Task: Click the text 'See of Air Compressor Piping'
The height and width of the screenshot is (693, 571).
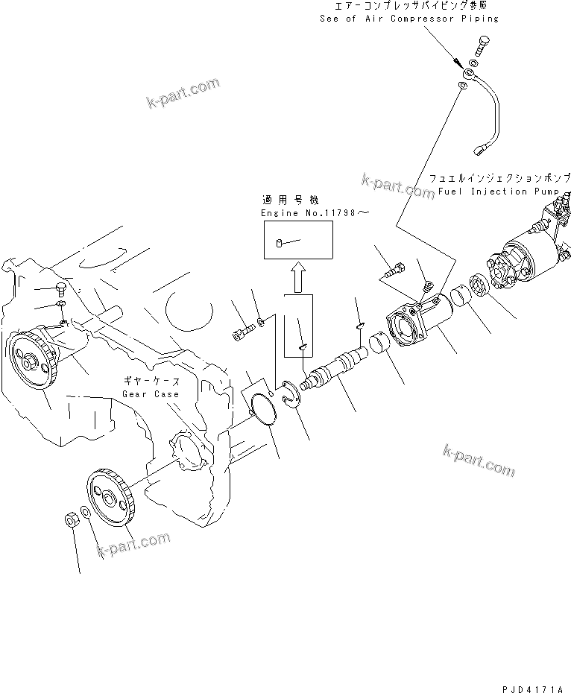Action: tap(408, 18)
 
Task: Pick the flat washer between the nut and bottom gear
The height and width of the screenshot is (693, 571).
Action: tap(86, 514)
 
